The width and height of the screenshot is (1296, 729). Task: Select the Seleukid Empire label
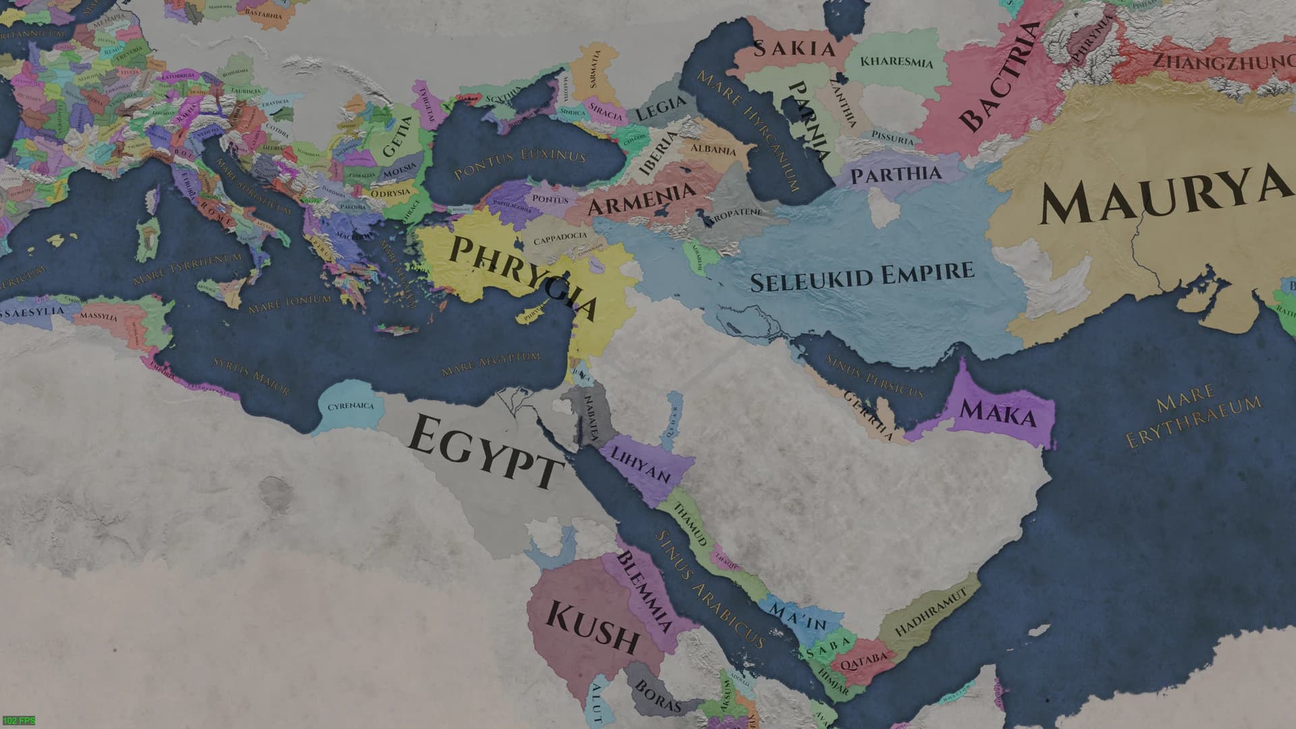click(862, 276)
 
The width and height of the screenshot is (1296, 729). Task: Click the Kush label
click(592, 626)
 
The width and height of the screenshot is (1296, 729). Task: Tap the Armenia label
click(642, 197)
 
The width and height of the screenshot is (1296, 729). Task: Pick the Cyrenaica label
click(350, 407)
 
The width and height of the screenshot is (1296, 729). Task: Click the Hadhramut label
click(931, 611)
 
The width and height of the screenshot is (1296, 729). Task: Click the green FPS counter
click(18, 722)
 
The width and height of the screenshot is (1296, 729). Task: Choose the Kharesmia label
click(896, 62)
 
